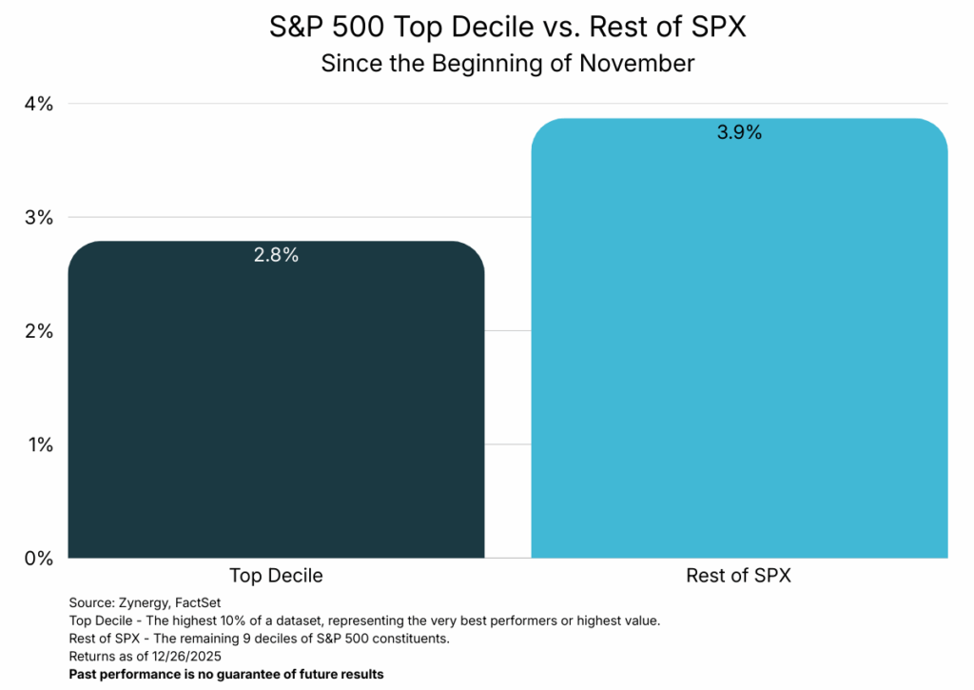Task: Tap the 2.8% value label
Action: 276,255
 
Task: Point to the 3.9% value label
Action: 739,132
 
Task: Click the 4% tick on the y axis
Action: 38,103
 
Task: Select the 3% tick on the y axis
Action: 38,217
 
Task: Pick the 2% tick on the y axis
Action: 38,330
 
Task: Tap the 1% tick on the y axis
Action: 38,444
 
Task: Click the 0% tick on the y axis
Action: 38,558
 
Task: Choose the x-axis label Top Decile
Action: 276,576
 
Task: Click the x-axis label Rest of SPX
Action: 739,576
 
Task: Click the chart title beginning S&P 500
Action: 507,28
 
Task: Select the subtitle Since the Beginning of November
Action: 507,64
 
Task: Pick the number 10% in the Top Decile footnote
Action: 243,621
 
